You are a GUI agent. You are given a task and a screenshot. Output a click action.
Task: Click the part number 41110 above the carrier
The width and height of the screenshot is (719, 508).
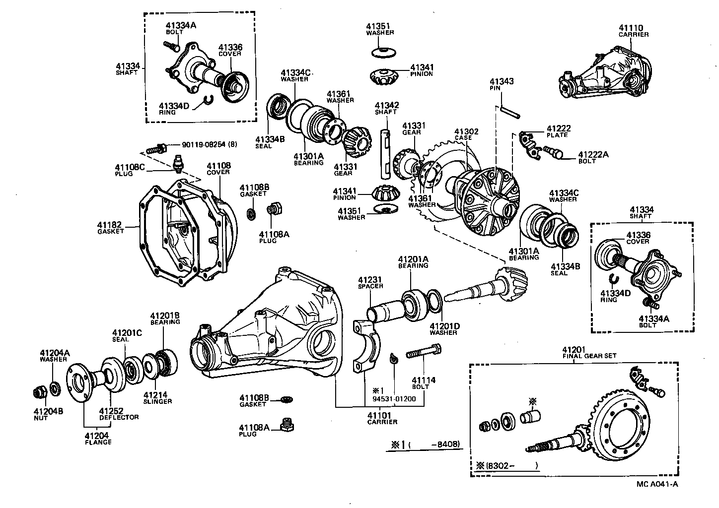(x=631, y=28)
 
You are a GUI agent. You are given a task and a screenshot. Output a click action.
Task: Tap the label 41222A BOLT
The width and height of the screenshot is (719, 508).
(x=592, y=157)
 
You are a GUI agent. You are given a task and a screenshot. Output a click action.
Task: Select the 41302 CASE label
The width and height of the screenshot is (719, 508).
(x=466, y=134)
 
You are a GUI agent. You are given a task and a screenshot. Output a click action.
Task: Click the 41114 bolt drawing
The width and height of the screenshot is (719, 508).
(x=423, y=355)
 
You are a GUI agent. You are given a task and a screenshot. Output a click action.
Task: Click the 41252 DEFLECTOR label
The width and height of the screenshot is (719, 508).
(x=119, y=414)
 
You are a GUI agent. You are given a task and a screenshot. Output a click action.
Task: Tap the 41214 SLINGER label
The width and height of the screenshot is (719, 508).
(x=157, y=398)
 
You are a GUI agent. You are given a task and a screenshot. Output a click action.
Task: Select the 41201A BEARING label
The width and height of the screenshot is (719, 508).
(x=413, y=262)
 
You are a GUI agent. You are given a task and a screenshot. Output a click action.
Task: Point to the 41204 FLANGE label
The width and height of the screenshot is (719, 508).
(x=98, y=439)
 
